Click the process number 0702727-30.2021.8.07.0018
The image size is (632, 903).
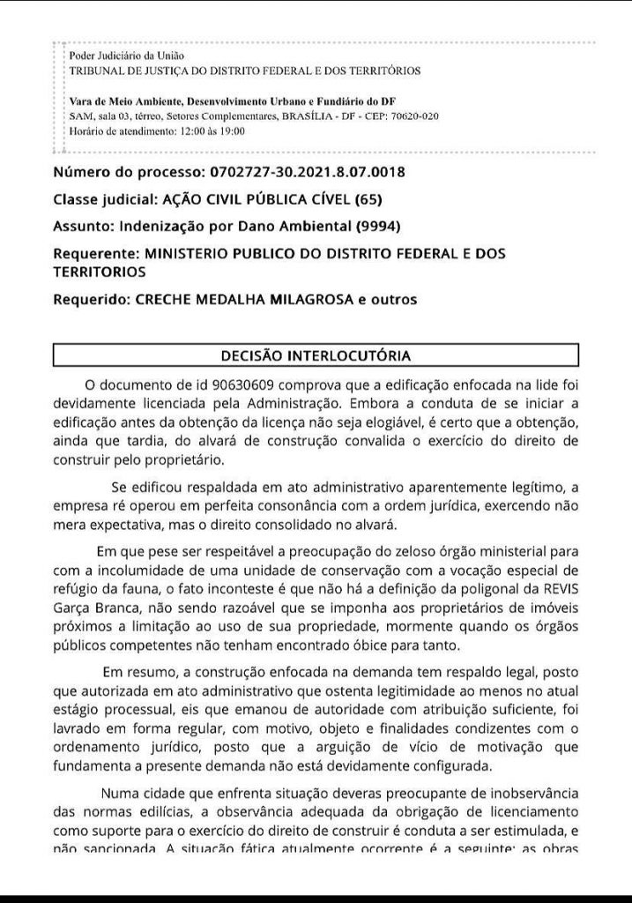(x=305, y=171)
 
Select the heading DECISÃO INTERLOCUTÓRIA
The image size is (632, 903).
(x=316, y=356)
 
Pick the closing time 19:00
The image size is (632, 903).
(x=232, y=131)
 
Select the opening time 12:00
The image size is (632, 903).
(x=191, y=131)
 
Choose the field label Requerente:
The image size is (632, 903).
(x=93, y=253)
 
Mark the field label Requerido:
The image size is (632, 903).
(x=91, y=300)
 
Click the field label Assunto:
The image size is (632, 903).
(x=85, y=226)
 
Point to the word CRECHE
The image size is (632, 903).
(x=166, y=300)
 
